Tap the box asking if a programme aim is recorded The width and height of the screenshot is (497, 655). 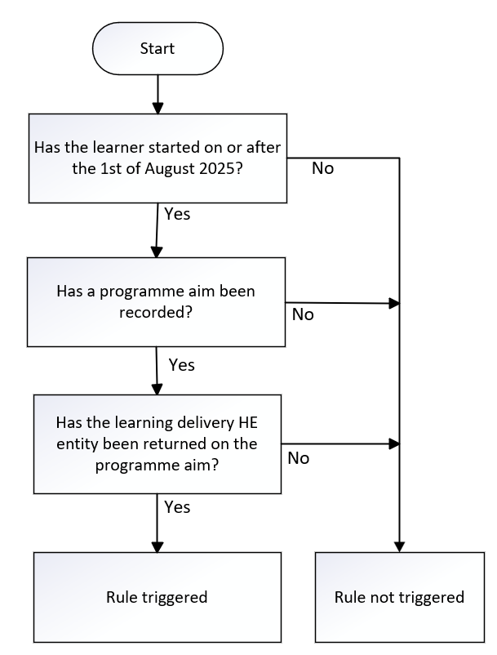coord(156,301)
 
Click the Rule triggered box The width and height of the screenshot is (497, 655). coord(157,597)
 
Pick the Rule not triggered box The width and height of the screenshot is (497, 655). coord(399,597)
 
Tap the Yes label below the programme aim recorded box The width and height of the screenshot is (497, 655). coord(182,364)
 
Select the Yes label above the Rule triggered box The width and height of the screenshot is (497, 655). coord(177,507)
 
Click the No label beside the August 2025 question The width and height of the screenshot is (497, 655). coord(323,169)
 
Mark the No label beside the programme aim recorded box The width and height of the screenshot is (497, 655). coord(302,314)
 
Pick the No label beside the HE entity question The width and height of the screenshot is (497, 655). coord(298,458)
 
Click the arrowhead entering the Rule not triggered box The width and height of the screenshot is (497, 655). coord(399,546)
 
